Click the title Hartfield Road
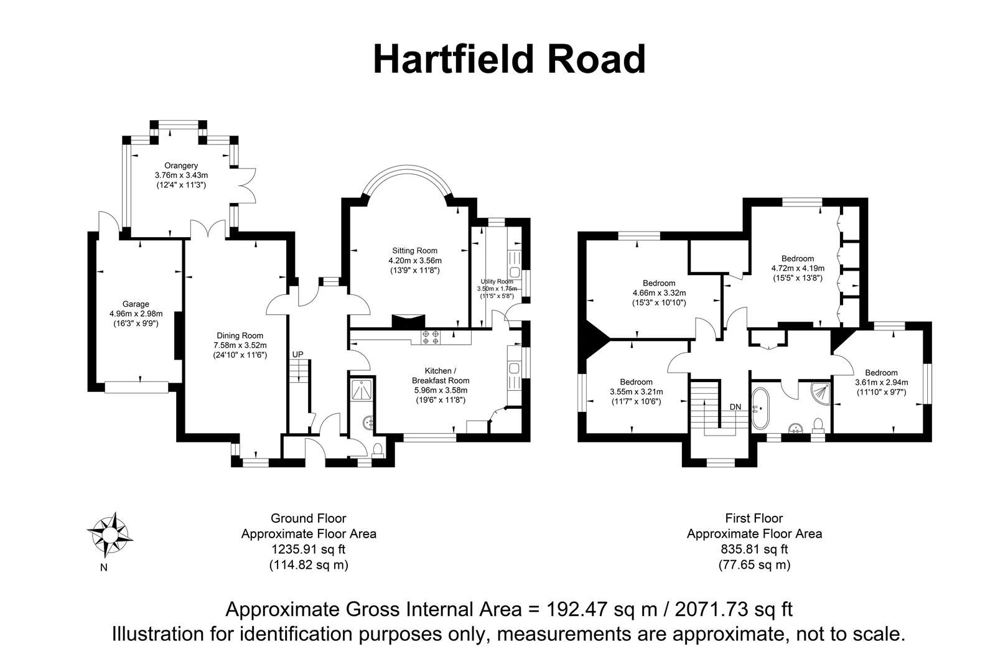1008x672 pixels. coord(509,60)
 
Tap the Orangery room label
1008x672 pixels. coord(181,166)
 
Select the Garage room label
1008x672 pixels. coord(136,304)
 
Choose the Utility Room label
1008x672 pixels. coord(496,282)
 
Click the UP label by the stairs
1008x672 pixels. coord(297,355)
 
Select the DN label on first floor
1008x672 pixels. coord(735,407)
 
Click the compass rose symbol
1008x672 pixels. coord(110,534)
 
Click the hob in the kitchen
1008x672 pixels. coord(430,337)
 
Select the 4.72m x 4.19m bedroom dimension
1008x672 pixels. coord(797,269)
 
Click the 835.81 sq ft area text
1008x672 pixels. coord(754,549)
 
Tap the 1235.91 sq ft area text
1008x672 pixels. coord(308,549)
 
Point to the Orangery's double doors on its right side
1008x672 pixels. coord(248,185)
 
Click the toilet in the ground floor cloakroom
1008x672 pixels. coord(379,449)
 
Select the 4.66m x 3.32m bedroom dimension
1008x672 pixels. coord(659,293)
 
